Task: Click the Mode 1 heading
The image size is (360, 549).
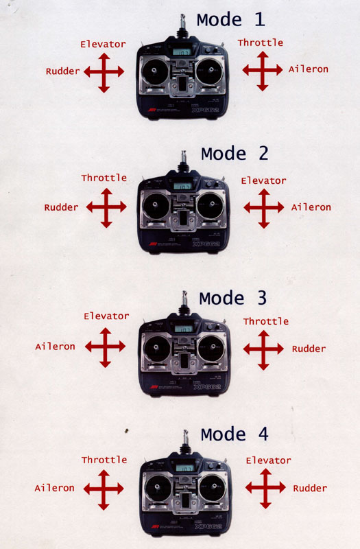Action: [x=230, y=19]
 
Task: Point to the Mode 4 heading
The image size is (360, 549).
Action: [x=235, y=434]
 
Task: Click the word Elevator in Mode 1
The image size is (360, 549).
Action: [x=103, y=44]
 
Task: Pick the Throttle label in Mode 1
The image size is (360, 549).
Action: [x=260, y=43]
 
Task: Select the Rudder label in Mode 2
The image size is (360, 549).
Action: [x=61, y=207]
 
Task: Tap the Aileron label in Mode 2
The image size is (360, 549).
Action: [x=311, y=207]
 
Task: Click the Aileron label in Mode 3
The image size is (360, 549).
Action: [x=55, y=347]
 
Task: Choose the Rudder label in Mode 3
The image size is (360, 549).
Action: [x=309, y=349]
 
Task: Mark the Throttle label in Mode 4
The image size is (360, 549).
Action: [x=104, y=460]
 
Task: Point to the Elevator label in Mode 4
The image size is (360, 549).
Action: [x=268, y=460]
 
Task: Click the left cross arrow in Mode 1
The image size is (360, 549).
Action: [x=104, y=71]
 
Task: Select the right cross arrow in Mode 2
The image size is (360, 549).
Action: [x=263, y=207]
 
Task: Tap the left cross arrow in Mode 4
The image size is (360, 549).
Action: [x=104, y=488]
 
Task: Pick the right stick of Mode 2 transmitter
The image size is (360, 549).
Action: [x=209, y=204]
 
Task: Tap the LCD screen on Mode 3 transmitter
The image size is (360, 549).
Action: [x=184, y=329]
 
